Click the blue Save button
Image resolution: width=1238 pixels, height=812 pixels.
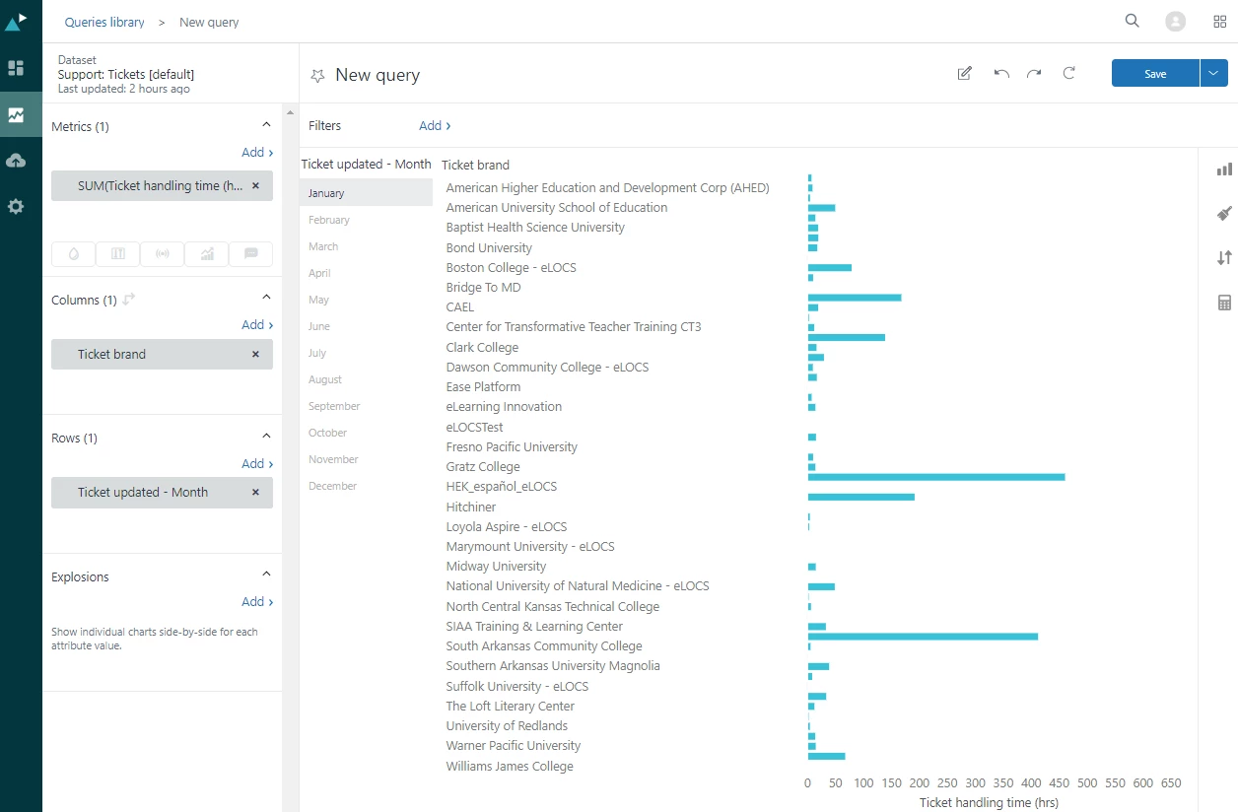click(1155, 74)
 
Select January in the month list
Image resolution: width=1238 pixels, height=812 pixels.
click(326, 193)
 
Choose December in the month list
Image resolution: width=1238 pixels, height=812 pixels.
click(332, 486)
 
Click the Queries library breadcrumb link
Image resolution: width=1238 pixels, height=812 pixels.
click(104, 22)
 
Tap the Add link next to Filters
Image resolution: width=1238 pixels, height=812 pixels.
click(434, 126)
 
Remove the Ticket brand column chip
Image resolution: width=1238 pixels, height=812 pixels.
click(255, 354)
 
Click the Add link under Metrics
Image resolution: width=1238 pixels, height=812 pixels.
click(256, 153)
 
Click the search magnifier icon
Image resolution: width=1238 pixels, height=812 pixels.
click(1133, 21)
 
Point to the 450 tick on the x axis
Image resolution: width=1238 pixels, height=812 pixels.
click(1059, 783)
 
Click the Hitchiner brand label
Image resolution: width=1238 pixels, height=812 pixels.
click(471, 507)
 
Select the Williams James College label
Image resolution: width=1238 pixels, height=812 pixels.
click(510, 766)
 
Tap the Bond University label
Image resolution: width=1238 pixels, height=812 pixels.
click(489, 247)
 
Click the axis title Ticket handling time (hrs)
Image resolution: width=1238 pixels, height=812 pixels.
click(989, 803)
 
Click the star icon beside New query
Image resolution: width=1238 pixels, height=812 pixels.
click(317, 75)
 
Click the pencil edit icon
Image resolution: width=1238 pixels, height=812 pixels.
click(965, 74)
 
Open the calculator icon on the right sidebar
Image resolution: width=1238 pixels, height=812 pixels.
click(1224, 303)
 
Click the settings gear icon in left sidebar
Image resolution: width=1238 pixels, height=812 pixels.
click(16, 207)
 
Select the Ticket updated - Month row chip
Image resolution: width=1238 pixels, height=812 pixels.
click(143, 493)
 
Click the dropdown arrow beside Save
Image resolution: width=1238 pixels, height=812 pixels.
click(1213, 74)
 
